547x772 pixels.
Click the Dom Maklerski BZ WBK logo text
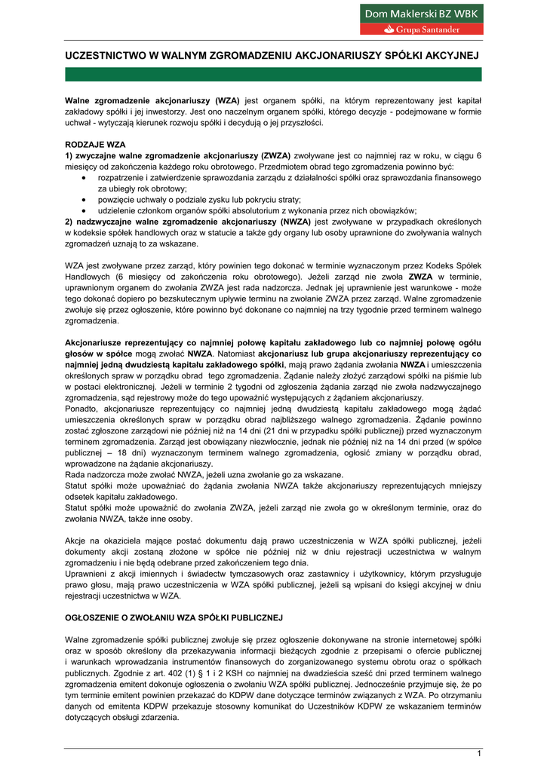[422, 14]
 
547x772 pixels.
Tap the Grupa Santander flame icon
[389, 29]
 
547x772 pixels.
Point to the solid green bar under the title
[273, 74]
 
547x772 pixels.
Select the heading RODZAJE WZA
[95, 144]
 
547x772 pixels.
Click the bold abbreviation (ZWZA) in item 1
[277, 155]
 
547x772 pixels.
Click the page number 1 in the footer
[478, 754]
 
